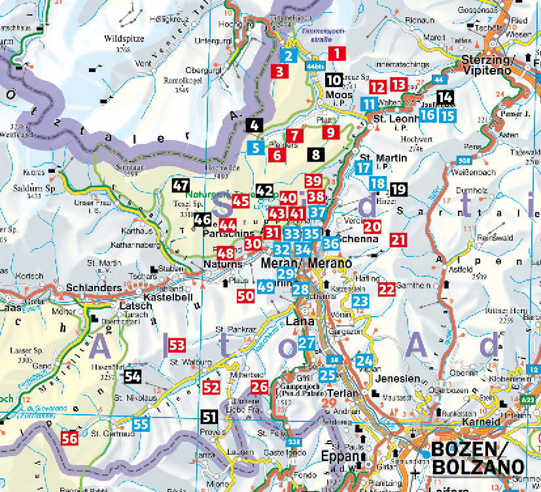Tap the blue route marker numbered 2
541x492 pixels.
coord(289,56)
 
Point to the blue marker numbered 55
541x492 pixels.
coord(141,424)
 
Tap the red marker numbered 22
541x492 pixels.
coord(387,287)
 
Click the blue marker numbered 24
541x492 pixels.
coord(364,360)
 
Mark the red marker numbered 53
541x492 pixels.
coord(177,344)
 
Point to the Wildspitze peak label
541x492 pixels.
coord(124,38)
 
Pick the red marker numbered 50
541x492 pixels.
coord(245,295)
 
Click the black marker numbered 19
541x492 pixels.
coord(398,190)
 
